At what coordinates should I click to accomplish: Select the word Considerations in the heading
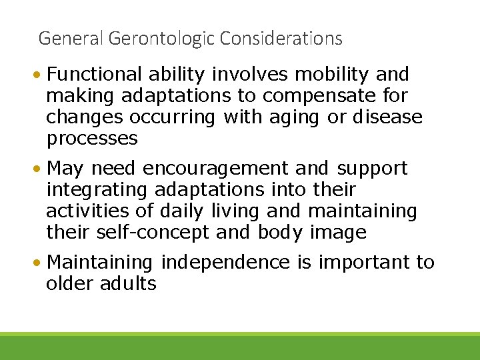click(x=281, y=39)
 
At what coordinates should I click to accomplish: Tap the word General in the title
click(x=69, y=39)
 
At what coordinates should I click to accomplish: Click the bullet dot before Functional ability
click(x=41, y=75)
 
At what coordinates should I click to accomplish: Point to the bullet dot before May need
click(x=41, y=169)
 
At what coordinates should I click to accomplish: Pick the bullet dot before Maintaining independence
click(x=41, y=263)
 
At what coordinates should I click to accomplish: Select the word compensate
click(x=321, y=96)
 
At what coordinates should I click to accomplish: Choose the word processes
click(x=92, y=139)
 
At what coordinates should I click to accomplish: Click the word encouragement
click(x=216, y=169)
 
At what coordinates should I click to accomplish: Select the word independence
click(x=225, y=263)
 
